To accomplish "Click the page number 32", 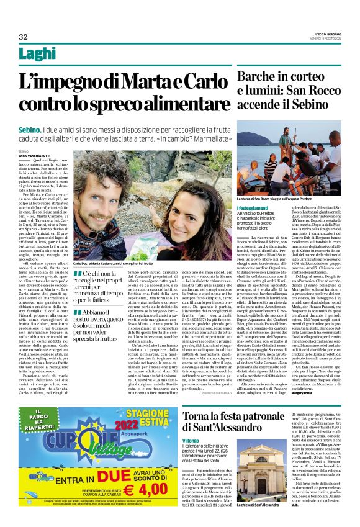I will (23, 37).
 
